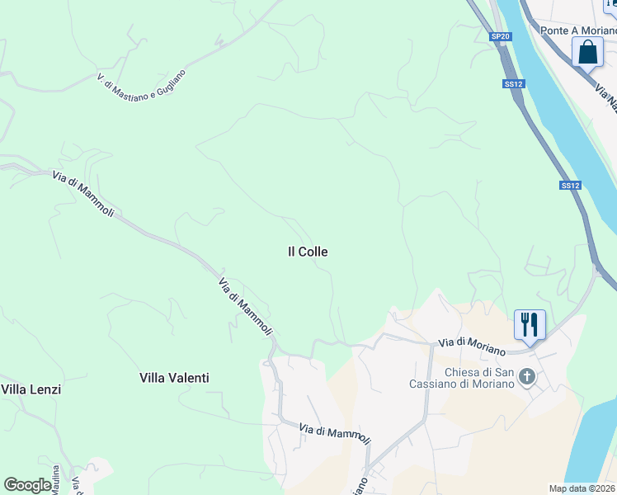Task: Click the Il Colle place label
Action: pos(307,252)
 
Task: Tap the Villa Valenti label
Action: pos(173,378)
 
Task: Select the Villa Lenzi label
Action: pos(31,389)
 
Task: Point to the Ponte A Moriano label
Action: pos(578,31)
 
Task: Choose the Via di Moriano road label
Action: pos(471,346)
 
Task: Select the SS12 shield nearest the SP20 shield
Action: pos(514,84)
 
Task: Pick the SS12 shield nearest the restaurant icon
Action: pos(570,186)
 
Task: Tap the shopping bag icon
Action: pos(587,52)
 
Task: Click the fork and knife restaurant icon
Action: pos(530,324)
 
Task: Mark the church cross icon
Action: pos(528,378)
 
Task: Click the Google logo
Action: pos(27,485)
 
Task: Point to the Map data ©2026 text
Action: pos(582,488)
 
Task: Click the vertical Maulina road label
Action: pos(56,481)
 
